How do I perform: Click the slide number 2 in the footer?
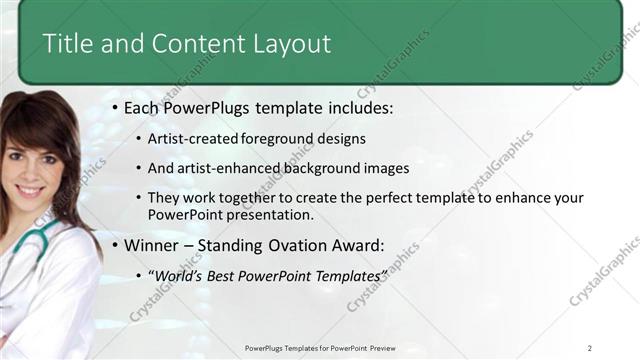point(590,348)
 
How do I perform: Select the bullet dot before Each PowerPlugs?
point(115,106)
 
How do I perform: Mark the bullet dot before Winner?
point(115,245)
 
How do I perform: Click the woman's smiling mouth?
point(30,191)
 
